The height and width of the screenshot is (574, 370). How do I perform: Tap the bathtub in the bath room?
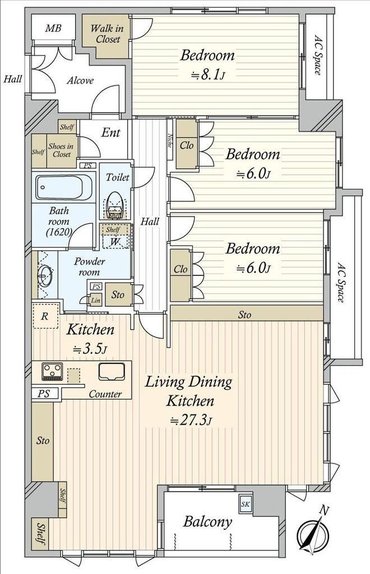(x=64, y=187)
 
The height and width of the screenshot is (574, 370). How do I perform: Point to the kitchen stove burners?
(x=52, y=372)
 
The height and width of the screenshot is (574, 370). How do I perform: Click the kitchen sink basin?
(x=111, y=372)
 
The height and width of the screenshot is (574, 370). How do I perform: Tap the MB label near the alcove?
(x=53, y=28)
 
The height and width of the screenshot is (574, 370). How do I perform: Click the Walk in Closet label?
(x=107, y=33)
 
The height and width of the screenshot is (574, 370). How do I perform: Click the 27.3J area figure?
(x=190, y=420)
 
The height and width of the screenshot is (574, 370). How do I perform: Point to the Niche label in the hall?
(x=170, y=140)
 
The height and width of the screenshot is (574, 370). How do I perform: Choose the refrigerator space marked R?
(x=45, y=316)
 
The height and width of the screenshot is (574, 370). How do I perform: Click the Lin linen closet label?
(x=95, y=300)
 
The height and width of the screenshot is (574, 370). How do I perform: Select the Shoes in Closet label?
(x=61, y=150)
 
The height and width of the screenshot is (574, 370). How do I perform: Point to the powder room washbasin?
(x=45, y=276)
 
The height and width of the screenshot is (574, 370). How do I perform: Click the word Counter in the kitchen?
(x=105, y=394)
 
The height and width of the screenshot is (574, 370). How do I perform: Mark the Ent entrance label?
(x=110, y=132)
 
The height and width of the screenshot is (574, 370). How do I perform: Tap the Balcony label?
(x=207, y=522)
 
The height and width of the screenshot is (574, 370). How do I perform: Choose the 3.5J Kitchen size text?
(x=90, y=349)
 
